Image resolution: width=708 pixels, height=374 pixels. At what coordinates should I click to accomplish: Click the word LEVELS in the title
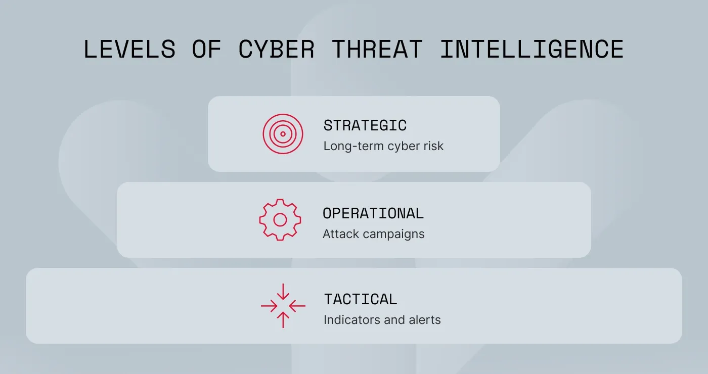click(x=129, y=50)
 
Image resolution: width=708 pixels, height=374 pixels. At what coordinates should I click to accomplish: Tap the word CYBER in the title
click(x=277, y=50)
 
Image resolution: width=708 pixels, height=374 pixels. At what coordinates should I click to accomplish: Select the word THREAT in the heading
click(x=377, y=50)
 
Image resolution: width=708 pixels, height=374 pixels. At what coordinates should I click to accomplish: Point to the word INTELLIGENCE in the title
click(x=532, y=50)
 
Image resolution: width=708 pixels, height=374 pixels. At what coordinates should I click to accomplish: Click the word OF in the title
click(x=206, y=50)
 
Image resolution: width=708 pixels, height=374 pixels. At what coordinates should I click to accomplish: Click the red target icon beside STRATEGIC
click(x=283, y=134)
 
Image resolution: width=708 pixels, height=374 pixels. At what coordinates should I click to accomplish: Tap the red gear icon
click(x=280, y=220)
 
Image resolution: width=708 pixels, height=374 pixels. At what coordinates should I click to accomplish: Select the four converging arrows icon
click(x=283, y=306)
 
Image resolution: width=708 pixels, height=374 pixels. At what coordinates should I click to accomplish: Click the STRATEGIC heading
click(x=365, y=125)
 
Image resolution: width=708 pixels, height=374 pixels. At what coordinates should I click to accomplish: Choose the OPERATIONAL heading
click(x=373, y=213)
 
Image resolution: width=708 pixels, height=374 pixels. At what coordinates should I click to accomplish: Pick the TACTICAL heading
click(x=361, y=299)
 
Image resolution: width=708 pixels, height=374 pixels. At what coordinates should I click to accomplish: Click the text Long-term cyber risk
click(x=383, y=147)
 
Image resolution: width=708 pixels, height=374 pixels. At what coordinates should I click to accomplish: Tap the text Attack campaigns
click(x=374, y=235)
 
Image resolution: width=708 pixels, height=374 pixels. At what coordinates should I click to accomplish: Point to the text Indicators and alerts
click(x=382, y=320)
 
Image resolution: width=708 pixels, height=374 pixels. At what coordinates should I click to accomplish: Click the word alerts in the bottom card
click(x=425, y=320)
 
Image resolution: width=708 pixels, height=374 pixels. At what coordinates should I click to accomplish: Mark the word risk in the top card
click(x=434, y=147)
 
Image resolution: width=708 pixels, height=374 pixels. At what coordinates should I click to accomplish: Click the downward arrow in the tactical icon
click(x=283, y=291)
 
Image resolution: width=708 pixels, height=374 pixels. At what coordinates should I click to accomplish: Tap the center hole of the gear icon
click(x=280, y=220)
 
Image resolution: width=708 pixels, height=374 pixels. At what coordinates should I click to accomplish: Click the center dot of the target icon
click(x=283, y=134)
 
